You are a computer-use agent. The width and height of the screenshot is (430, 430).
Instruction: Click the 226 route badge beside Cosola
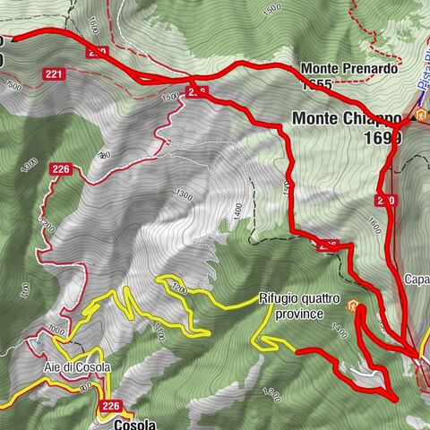tap(109, 407)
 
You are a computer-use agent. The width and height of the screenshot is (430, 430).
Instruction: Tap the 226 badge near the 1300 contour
tap(61, 168)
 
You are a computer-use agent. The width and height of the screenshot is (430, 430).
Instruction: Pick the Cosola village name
tap(135, 424)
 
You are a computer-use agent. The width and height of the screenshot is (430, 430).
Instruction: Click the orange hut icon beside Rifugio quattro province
tap(354, 305)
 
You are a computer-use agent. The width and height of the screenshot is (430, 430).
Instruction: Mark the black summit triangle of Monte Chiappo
tap(414, 117)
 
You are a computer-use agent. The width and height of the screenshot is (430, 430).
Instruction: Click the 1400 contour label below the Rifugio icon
tap(339, 331)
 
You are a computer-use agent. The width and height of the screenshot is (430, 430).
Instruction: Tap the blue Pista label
tap(423, 72)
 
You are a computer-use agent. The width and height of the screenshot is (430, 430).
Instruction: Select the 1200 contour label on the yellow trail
tap(177, 288)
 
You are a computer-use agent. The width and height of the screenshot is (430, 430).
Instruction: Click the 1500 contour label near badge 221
tap(13, 86)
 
